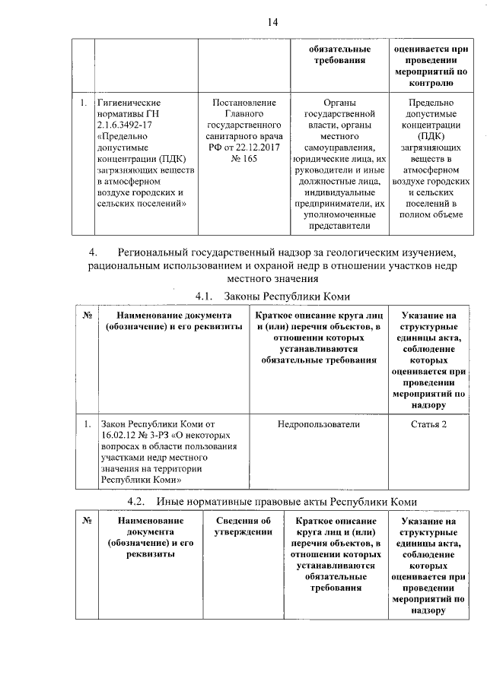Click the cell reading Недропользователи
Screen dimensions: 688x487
click(319, 423)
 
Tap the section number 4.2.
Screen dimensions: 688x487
click(138, 502)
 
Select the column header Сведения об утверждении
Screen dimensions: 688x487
click(243, 526)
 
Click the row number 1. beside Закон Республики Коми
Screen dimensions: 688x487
click(87, 423)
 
